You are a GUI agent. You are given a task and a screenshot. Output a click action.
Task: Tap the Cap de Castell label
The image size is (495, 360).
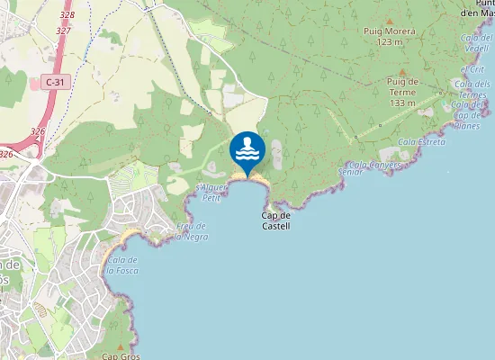(275, 220)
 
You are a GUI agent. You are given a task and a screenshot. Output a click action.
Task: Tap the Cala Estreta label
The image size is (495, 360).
(421, 142)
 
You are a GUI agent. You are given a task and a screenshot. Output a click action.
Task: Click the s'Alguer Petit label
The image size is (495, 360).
(208, 193)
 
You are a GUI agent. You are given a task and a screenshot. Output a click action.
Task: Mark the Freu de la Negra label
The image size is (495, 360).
(192, 232)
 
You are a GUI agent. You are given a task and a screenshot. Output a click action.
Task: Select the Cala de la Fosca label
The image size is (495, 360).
(122, 265)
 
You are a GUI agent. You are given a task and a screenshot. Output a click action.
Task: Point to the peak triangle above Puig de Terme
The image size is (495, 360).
(402, 72)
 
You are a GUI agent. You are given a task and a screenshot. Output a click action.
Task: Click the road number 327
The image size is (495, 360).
(63, 30)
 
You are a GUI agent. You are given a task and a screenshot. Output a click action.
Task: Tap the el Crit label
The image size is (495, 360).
(472, 69)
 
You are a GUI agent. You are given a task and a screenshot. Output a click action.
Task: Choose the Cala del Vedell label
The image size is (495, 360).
(475, 43)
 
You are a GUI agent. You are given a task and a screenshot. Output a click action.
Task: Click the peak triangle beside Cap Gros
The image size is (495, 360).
(120, 346)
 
